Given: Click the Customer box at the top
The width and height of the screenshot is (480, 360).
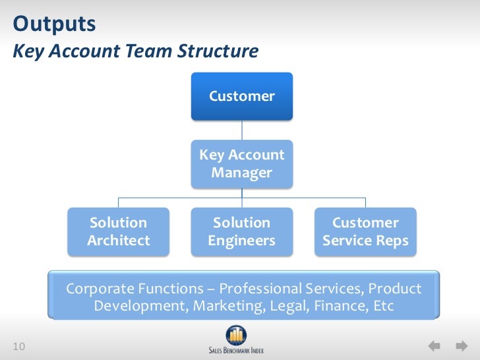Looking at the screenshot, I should coord(241,96).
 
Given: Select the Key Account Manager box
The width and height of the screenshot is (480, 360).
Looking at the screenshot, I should coord(241,164).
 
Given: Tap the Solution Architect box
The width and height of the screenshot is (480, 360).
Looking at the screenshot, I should coord(119,231).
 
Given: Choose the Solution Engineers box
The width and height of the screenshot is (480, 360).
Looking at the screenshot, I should coord(241,231).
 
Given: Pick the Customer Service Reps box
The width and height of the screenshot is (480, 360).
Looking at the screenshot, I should coord(365,231).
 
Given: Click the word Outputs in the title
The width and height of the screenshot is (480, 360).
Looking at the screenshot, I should coord(54,25).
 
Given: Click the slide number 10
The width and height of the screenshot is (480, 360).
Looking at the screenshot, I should coord(18,347).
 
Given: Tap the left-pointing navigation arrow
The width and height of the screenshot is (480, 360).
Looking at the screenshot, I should coord(435,346).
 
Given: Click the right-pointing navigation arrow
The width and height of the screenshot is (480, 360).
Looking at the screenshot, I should coord(460,346).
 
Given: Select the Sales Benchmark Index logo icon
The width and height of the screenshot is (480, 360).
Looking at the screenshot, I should coord(235,335).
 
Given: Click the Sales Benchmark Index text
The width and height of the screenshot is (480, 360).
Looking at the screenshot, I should coord(235,349).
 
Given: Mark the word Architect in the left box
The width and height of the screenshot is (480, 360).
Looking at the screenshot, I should coord(119,241).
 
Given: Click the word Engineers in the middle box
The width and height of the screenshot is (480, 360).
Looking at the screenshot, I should coord(241,241).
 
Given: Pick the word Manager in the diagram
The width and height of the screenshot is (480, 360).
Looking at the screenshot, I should coord(241,173).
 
